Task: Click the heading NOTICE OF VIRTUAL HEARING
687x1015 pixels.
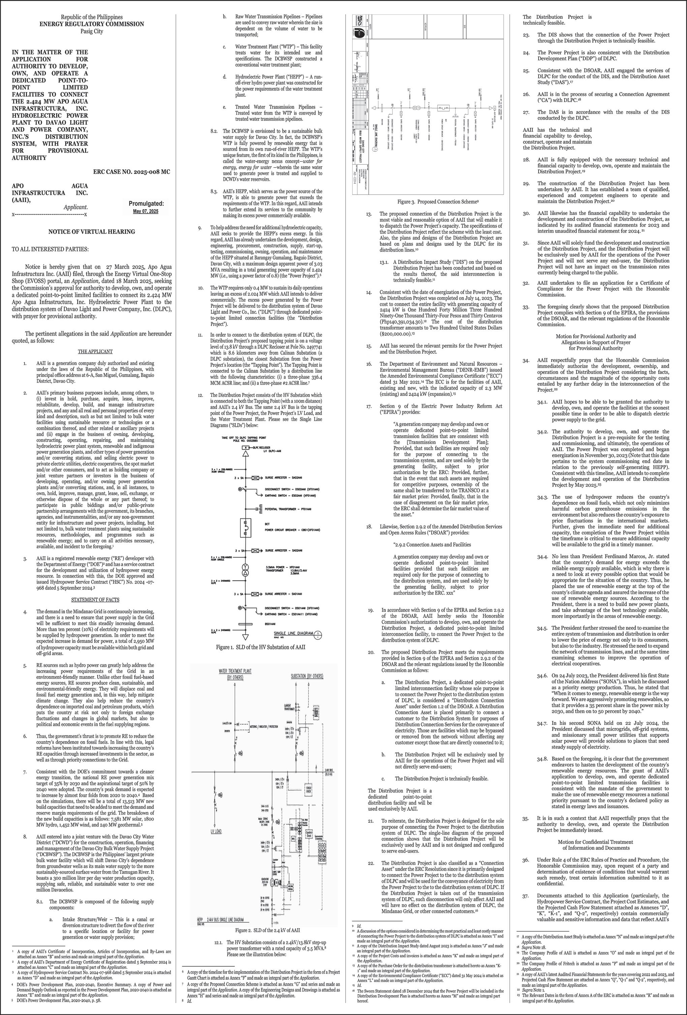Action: [x=91, y=232]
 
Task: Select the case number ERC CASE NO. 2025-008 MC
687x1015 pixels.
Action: [x=131, y=172]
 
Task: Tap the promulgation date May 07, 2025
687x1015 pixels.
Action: [x=146, y=211]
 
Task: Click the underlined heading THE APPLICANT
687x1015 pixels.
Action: [x=95, y=351]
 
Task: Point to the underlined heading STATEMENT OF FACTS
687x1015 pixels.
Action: [x=95, y=599]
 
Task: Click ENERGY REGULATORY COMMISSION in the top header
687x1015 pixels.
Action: [x=91, y=24]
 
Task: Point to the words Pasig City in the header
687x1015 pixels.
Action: [x=91, y=31]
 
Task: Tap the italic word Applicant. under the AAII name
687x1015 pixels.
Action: [x=76, y=207]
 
